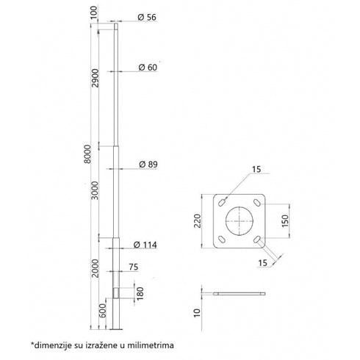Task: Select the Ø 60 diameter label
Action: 148,68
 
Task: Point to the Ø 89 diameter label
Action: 148,165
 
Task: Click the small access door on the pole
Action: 117,294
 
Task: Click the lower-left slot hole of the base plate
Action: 221,240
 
